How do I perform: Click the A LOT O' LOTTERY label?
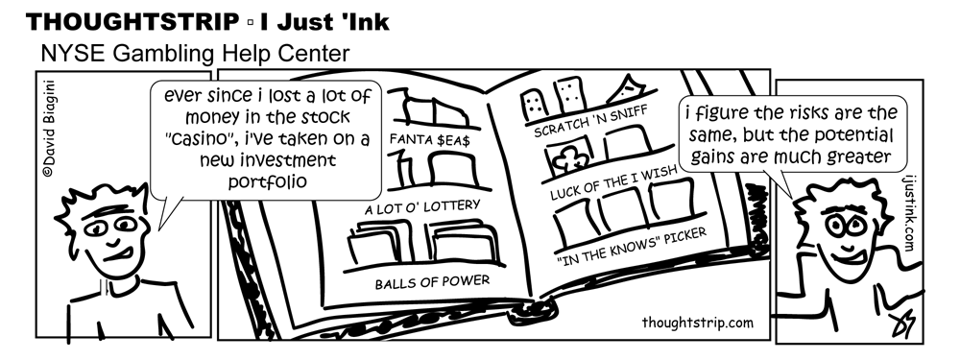tap(421, 205)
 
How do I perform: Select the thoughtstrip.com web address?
tap(696, 322)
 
